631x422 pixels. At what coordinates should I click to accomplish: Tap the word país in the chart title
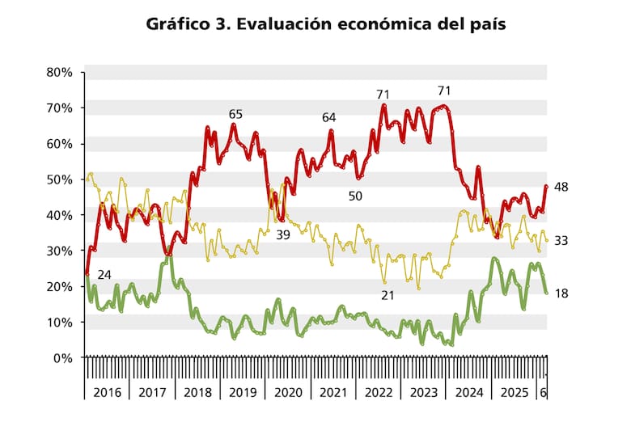(x=485, y=24)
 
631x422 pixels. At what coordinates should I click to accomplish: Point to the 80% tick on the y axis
(x=60, y=72)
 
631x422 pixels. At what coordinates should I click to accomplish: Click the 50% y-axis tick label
(x=60, y=179)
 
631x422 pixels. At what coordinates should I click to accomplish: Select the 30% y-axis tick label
(x=60, y=251)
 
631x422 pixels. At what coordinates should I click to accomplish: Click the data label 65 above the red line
(x=236, y=114)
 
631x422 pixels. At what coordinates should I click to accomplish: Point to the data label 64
(x=329, y=118)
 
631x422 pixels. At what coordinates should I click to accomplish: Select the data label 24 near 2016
(x=104, y=273)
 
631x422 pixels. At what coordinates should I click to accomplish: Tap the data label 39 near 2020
(x=283, y=234)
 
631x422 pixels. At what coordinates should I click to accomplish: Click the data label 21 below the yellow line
(x=387, y=295)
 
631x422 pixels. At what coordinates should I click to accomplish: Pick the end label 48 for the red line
(x=561, y=188)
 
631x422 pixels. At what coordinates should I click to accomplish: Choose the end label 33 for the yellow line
(x=561, y=240)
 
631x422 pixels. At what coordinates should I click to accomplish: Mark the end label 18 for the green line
(x=561, y=293)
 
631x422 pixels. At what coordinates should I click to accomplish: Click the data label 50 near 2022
(x=355, y=196)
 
